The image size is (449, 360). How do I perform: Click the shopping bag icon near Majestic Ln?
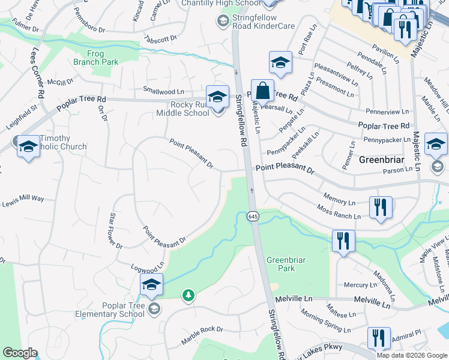point(262,92)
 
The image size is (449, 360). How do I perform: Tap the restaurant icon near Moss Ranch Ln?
point(381,208)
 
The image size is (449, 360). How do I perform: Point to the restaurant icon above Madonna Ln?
point(343,241)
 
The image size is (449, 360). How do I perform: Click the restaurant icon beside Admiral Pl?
point(379,338)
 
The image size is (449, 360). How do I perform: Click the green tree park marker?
point(188,295)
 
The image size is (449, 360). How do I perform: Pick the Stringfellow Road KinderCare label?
point(258,22)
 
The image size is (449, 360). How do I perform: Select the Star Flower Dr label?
point(115,230)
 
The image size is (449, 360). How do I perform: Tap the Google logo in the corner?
point(20,353)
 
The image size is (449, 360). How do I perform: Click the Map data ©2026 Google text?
point(412,355)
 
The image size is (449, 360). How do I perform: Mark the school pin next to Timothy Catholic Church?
point(28,146)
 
